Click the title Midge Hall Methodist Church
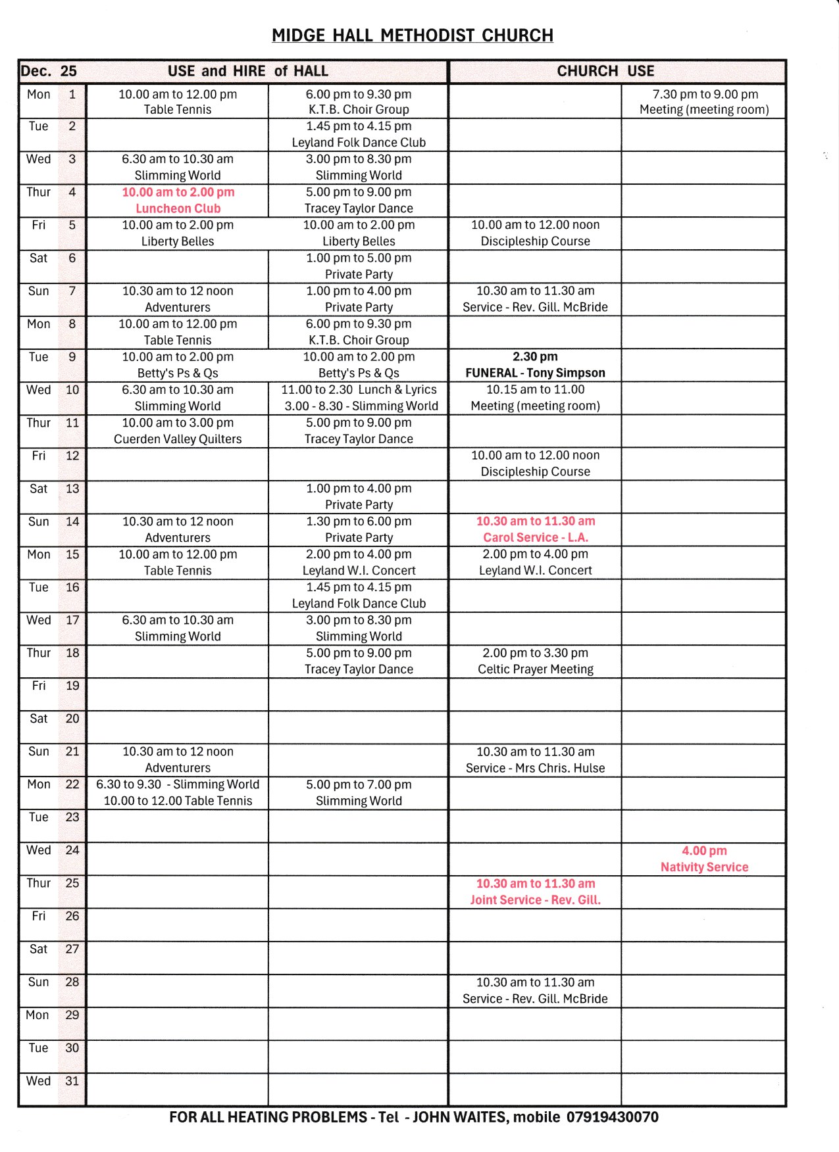pyautogui.click(x=413, y=36)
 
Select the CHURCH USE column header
pyautogui.click(x=605, y=71)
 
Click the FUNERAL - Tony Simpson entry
pyautogui.click(x=535, y=373)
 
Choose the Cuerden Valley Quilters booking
pyautogui.click(x=178, y=439)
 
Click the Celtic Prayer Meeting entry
pyautogui.click(x=535, y=669)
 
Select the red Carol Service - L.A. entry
pyautogui.click(x=535, y=537)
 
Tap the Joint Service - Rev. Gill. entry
pyautogui.click(x=535, y=900)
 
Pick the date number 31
pyautogui.click(x=72, y=1081)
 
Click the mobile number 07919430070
pyautogui.click(x=612, y=1117)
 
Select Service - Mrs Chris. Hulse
pyautogui.click(x=535, y=768)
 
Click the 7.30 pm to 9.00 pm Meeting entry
pyautogui.click(x=704, y=102)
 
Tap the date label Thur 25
pyautogui.click(x=53, y=883)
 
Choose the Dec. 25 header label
pyautogui.click(x=49, y=71)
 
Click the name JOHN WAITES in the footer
pyautogui.click(x=459, y=1117)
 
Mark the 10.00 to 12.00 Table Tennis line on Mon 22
pyautogui.click(x=178, y=801)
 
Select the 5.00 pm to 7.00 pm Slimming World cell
pyautogui.click(x=359, y=792)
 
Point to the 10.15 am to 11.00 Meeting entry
pyautogui.click(x=535, y=398)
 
